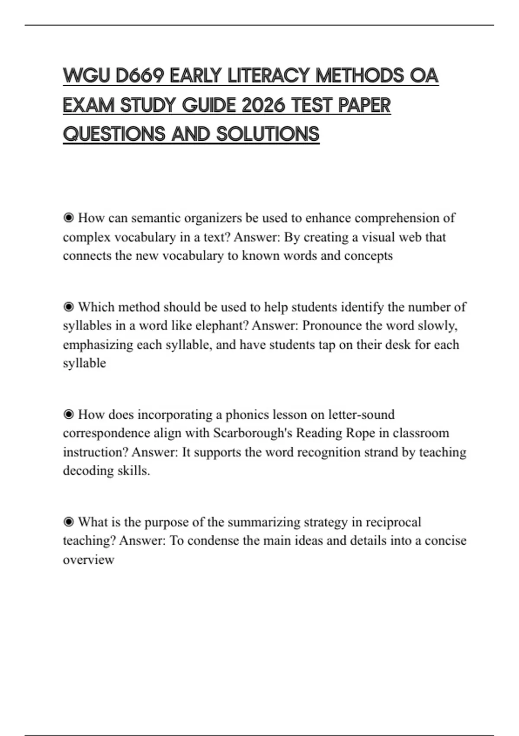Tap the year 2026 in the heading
[263, 105]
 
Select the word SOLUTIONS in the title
[268, 134]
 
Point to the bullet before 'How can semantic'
[68, 218]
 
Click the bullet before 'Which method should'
[68, 307]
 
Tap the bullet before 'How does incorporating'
[68, 414]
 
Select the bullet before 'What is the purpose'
[68, 522]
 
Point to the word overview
[89, 559]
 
